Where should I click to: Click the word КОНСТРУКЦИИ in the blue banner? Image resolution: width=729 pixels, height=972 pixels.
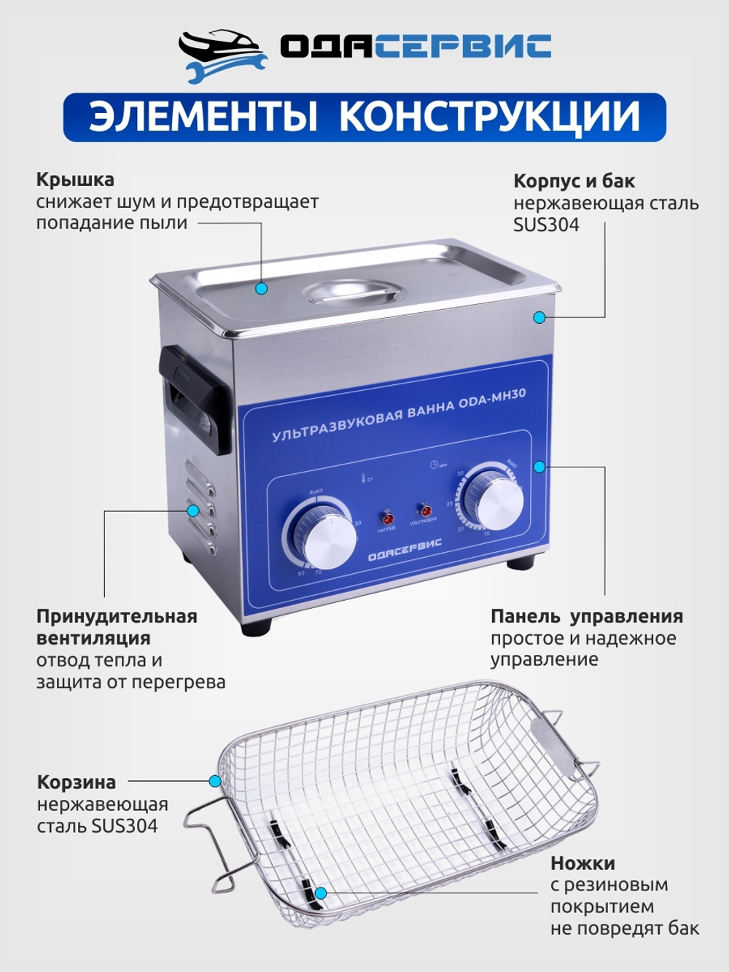(x=490, y=117)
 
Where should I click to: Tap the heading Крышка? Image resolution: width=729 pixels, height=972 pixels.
(x=75, y=179)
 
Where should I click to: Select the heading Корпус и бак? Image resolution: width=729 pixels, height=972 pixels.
(x=574, y=181)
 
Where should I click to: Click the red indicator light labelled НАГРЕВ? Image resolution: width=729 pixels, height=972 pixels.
(x=386, y=518)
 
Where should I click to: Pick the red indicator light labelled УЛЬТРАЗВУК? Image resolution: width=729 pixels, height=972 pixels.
(x=423, y=510)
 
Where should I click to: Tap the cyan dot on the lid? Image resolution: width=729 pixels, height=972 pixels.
(x=262, y=289)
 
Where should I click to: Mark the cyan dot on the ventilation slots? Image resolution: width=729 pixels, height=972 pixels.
(x=193, y=510)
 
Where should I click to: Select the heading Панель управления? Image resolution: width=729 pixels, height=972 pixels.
(x=586, y=616)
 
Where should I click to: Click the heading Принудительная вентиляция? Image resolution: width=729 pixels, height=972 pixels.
(x=117, y=627)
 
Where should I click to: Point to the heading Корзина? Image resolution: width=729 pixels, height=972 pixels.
(x=77, y=782)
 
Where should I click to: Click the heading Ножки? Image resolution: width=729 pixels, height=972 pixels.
(x=582, y=863)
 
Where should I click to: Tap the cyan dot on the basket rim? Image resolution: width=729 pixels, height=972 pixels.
(x=215, y=781)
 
